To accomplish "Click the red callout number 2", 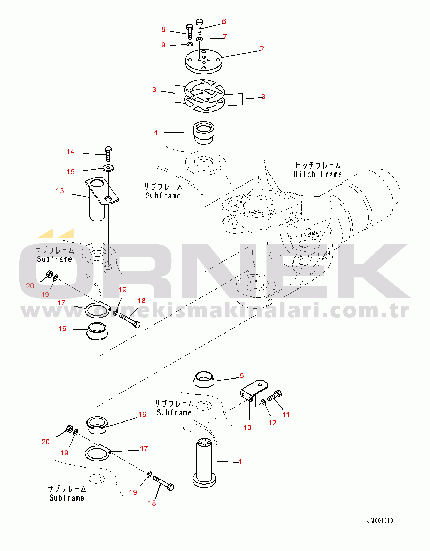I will tap(262, 49).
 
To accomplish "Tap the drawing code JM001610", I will tap(380, 521).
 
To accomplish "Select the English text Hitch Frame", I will tap(318, 175).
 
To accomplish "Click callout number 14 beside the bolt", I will tap(70, 152).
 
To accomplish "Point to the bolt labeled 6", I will tap(199, 26).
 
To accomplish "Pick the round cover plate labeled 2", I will tap(204, 61).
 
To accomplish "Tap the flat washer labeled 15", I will tap(108, 168).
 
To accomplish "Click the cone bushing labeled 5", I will tap(204, 380).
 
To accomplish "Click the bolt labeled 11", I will tap(275, 395).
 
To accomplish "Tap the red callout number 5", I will tap(241, 376).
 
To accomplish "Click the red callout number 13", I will tap(60, 191).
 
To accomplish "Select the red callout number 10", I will tap(247, 428).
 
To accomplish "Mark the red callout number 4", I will tap(156, 132).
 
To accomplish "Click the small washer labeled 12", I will tap(264, 402).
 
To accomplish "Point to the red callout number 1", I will tap(240, 462).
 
